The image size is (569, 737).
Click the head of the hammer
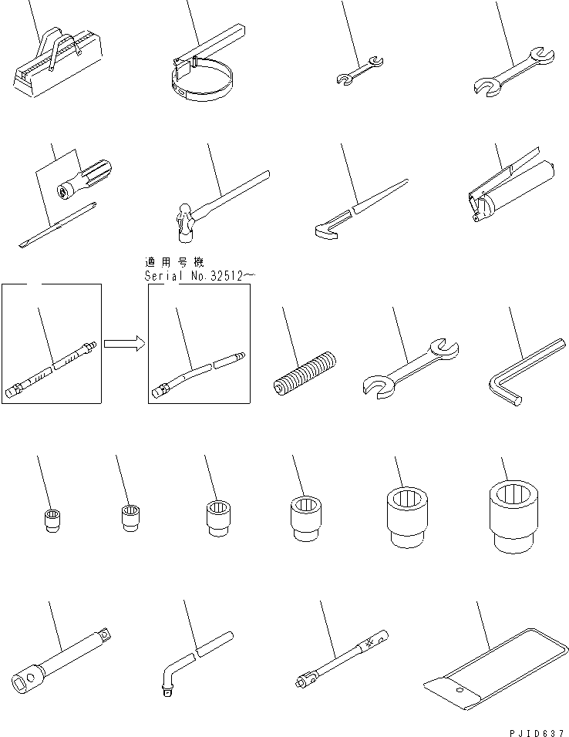[x=185, y=219]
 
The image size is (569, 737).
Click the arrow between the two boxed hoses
[x=123, y=343]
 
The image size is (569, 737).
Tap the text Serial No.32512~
[x=196, y=275]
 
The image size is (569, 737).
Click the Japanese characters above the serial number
[x=173, y=262]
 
